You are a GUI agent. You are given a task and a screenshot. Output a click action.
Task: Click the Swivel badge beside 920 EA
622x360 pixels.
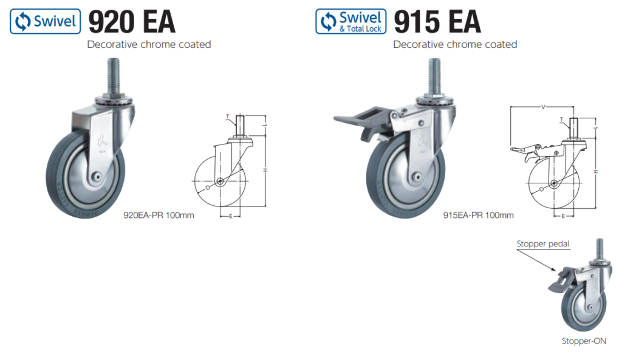point(45,21)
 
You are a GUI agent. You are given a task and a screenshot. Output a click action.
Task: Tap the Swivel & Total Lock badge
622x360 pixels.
point(350,21)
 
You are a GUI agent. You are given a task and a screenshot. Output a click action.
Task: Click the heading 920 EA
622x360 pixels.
point(132,22)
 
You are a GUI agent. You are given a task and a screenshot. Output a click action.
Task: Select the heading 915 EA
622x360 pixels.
point(437,22)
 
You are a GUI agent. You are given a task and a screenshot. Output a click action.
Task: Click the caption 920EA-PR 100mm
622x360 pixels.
point(159,216)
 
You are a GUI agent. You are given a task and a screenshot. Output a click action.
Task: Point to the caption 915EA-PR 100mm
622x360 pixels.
point(478,215)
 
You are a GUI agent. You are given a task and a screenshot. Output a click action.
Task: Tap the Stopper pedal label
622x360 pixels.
point(543,244)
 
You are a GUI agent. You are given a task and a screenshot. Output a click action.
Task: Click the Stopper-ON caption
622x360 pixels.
point(584,341)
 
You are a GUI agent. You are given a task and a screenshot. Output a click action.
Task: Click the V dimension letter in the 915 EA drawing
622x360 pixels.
point(543,107)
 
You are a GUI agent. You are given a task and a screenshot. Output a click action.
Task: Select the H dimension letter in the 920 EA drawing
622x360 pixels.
point(265,169)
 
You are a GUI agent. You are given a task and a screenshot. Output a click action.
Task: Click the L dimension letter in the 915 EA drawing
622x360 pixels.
point(598,127)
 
